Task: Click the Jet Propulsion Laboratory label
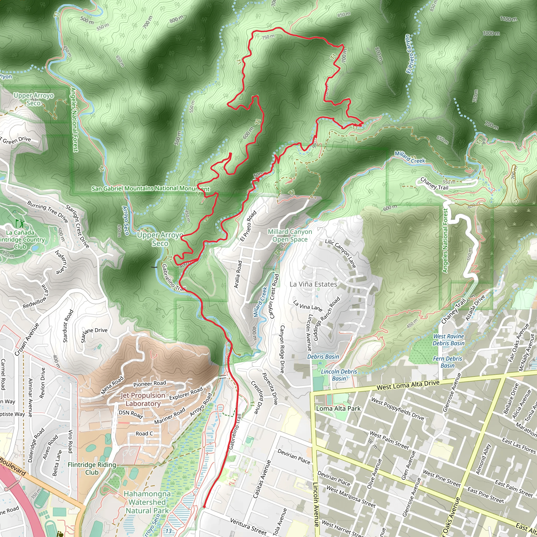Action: click(x=143, y=399)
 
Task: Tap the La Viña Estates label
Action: click(x=313, y=284)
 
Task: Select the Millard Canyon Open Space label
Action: click(x=290, y=235)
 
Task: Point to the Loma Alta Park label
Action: click(x=338, y=408)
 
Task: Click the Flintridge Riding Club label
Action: click(x=92, y=468)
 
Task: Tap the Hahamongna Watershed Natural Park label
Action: click(x=147, y=502)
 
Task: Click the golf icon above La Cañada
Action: click(x=20, y=223)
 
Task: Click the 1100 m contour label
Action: click(x=508, y=19)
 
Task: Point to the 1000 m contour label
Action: click(x=491, y=33)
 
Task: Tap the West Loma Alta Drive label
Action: click(x=408, y=385)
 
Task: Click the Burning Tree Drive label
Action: click(x=47, y=212)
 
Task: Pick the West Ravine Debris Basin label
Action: click(x=448, y=340)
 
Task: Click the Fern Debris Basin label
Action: click(x=448, y=362)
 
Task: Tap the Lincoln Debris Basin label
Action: click(x=339, y=375)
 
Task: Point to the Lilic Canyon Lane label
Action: click(x=341, y=253)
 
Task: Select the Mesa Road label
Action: click(x=112, y=385)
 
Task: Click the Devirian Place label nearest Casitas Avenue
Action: click(x=293, y=457)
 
